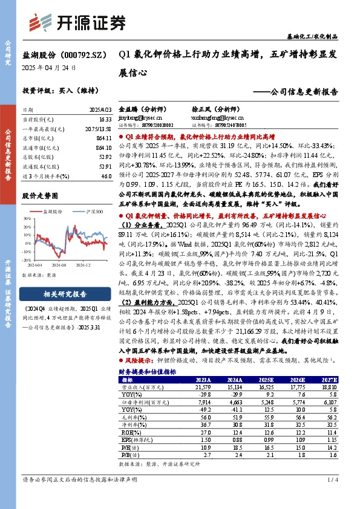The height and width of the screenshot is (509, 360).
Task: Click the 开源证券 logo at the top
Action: [x=79, y=22]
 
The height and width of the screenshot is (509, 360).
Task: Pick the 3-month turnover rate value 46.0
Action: [x=106, y=175]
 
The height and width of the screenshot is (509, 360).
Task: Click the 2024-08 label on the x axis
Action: [x=59, y=265]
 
